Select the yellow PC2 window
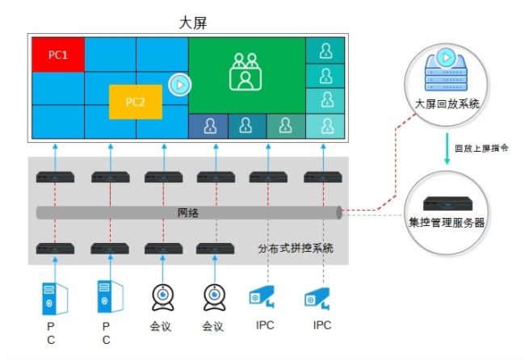coord(135,102)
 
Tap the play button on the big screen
coord(179,83)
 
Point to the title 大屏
coord(193,23)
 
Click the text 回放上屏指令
coord(481,149)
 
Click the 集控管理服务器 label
coord(447,222)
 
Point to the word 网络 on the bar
coord(188,213)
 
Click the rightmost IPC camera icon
coord(317,299)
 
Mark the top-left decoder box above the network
coord(54,176)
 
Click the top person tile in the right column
coord(325,51)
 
